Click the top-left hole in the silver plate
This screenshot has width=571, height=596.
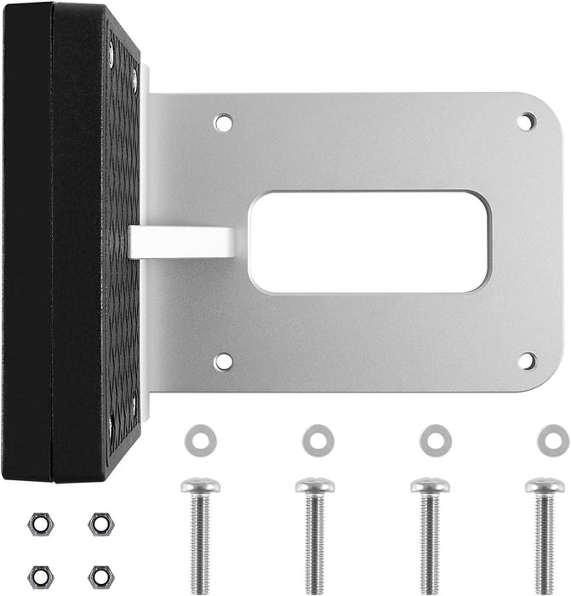point(223,123)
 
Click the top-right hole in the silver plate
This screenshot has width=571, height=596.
point(527,122)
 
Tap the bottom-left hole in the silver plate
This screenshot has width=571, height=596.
point(223,362)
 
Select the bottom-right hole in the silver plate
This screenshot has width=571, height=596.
point(527,361)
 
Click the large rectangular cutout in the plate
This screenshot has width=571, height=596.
point(368,242)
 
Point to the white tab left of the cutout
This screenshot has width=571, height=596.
point(182,242)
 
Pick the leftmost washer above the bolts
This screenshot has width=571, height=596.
point(200,440)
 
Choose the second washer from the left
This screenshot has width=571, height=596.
point(317,440)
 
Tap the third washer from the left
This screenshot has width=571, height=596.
point(435,440)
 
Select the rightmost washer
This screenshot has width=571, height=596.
point(553,440)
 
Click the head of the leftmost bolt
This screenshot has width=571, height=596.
point(200,485)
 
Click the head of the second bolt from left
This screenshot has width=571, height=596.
point(315,485)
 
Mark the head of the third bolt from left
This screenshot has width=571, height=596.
point(430,485)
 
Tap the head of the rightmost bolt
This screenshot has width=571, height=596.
point(545,485)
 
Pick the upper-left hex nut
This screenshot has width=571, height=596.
point(39,524)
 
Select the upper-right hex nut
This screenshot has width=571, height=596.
point(100,524)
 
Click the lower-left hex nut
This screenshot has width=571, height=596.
point(39,576)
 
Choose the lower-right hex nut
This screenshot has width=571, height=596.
point(100,576)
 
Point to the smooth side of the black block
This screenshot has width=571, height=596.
point(27,238)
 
